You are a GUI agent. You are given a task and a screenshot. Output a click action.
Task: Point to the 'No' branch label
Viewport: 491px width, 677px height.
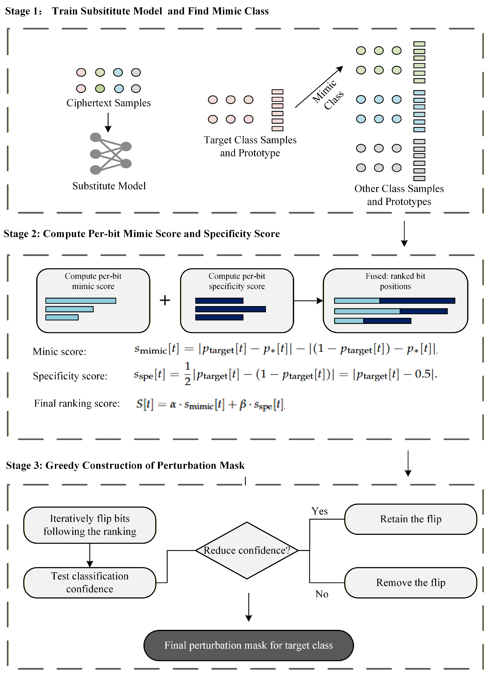(x=322, y=594)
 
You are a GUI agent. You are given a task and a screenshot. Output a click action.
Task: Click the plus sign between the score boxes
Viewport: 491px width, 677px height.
(x=165, y=300)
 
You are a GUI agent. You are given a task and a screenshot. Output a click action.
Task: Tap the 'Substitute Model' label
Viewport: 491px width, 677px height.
(x=109, y=186)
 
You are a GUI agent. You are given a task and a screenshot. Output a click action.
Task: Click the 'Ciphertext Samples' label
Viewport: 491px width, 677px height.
(x=108, y=103)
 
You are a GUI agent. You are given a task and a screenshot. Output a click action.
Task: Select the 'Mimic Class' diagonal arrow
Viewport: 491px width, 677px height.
(x=319, y=87)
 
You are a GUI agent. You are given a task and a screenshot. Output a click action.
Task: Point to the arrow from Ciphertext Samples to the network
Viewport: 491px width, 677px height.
(x=108, y=122)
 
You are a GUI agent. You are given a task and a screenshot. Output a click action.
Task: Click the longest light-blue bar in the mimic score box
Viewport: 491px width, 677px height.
(x=81, y=301)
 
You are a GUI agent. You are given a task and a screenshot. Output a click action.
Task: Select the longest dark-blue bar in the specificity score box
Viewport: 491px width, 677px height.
(x=230, y=309)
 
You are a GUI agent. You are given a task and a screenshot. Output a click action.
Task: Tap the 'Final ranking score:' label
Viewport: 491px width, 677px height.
(x=77, y=404)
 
